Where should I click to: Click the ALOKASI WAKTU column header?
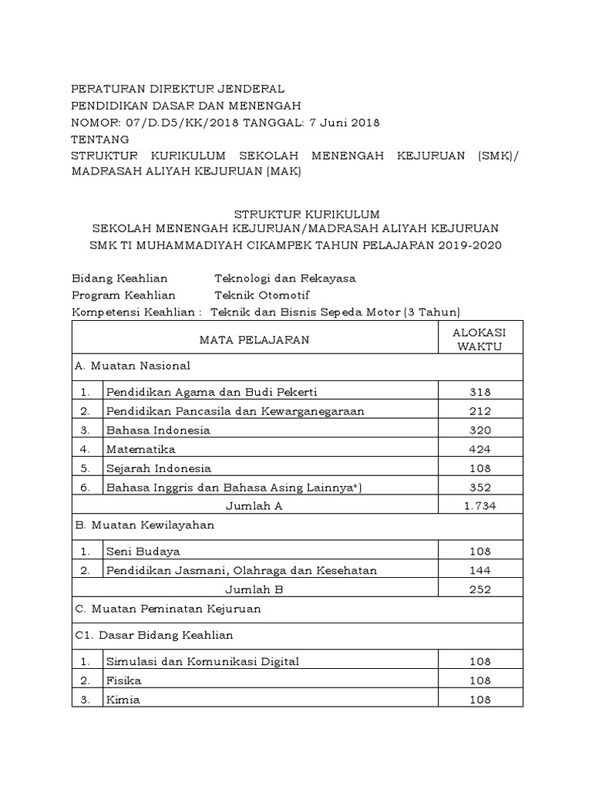coord(479,339)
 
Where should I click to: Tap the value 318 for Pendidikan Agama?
coord(479,392)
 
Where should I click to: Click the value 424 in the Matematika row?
coord(479,449)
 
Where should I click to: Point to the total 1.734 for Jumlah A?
coord(479,506)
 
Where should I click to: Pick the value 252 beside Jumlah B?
coord(479,589)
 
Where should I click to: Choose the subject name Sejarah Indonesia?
coord(159,468)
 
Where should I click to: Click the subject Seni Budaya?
coord(143,552)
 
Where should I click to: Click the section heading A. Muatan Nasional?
coord(132,366)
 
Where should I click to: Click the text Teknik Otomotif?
coord(261,295)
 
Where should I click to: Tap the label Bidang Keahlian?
coord(119,278)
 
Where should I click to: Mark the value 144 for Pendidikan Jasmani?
coord(479,571)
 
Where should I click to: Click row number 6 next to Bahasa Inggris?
coord(86,488)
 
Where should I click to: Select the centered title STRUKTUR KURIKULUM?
coord(296,213)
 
